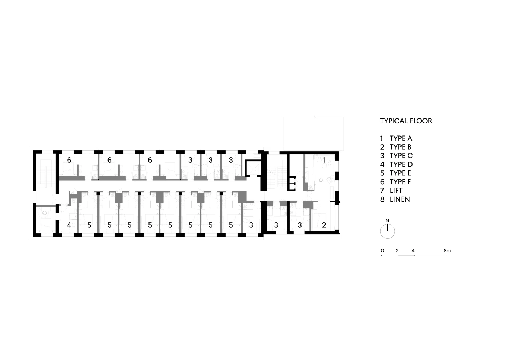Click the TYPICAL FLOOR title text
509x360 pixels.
406,121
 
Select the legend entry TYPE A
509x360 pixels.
401,138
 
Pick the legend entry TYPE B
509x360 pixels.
400,147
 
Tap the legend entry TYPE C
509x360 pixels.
401,156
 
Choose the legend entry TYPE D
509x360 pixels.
401,164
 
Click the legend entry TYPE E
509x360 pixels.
400,173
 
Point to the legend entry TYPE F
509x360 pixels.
400,182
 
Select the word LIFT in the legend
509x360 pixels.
396,191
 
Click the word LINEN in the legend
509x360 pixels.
400,199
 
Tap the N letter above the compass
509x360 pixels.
387,221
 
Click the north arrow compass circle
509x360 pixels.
387,232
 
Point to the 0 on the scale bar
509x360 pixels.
382,251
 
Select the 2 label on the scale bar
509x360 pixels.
397,251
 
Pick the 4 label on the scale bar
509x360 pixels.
413,251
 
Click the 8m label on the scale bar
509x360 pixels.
447,251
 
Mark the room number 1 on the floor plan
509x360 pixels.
324,160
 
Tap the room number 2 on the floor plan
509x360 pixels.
324,225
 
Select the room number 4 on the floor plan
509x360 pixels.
69,225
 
